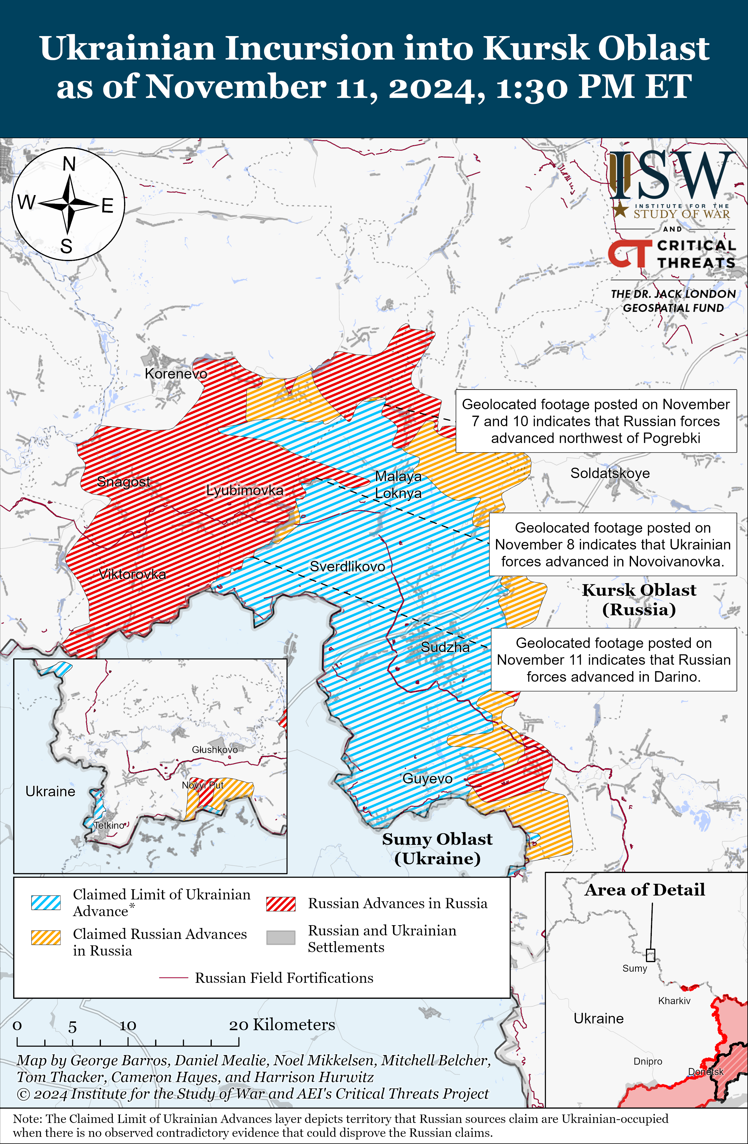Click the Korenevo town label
(176, 373)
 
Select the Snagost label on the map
(123, 481)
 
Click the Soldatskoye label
(610, 473)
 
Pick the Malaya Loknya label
(398, 485)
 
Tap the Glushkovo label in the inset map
(214, 749)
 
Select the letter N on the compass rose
(69, 164)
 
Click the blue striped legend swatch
(46, 903)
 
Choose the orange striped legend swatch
(46, 937)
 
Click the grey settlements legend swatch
(281, 937)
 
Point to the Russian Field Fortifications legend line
(174, 978)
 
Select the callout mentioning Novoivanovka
(612, 544)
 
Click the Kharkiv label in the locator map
(674, 1001)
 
